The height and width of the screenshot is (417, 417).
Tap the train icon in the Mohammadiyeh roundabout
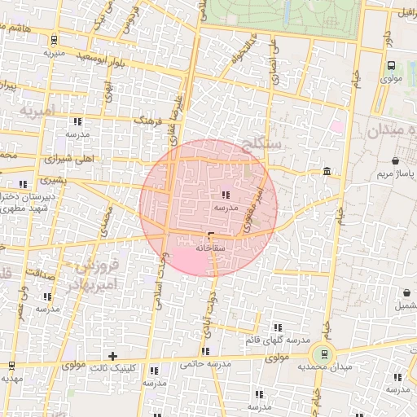325,354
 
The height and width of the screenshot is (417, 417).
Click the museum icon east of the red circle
327,171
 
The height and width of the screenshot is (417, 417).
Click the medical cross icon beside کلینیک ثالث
113,356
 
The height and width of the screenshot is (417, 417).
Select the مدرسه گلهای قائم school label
279,339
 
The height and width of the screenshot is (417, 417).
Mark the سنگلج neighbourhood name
260,146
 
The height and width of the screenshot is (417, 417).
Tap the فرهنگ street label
148,121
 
